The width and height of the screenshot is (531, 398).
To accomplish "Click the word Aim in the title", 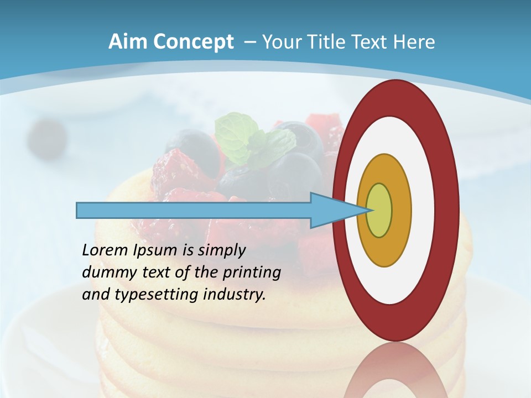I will click(x=128, y=42).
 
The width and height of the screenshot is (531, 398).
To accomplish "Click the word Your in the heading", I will click(x=282, y=42).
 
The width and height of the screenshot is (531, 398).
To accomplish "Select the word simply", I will click(x=221, y=250).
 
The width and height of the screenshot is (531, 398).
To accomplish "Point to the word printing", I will click(x=252, y=273).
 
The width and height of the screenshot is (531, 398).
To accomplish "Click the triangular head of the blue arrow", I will click(x=332, y=211).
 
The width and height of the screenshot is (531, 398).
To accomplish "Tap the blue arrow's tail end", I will click(x=81, y=211).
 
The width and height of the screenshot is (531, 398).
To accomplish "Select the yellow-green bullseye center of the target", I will click(x=379, y=210).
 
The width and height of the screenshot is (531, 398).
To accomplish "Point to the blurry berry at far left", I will click(x=47, y=135).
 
